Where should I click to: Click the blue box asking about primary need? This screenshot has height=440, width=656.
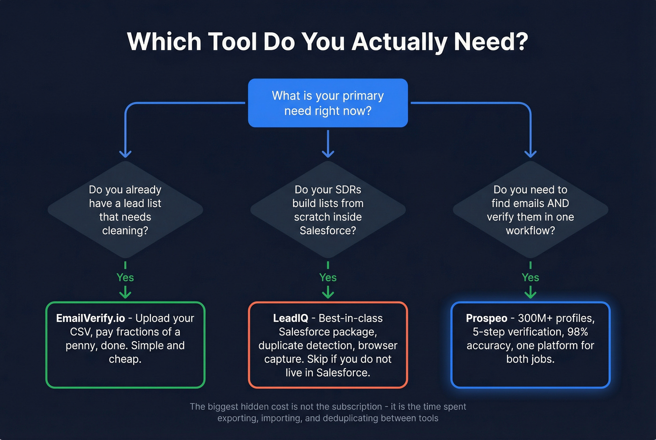coord(328,103)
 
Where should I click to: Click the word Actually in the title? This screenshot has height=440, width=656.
coord(398,42)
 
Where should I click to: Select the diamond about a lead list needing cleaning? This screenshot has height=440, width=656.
coord(125,209)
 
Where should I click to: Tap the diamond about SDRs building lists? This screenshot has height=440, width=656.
coord(328,209)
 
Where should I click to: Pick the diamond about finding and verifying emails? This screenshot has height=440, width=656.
coord(530,209)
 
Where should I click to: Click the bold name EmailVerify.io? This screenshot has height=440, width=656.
coord(90,318)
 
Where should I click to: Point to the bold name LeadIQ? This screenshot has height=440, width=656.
coord(291,318)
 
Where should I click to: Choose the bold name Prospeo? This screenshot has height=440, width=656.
coord(486,318)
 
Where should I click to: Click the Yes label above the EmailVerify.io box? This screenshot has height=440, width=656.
coord(125,277)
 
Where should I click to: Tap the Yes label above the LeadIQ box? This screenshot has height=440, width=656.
coord(328,277)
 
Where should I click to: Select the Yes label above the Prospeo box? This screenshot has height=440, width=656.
coord(530,277)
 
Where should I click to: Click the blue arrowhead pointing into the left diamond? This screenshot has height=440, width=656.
coord(125,154)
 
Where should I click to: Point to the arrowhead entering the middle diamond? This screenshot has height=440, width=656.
coord(328,154)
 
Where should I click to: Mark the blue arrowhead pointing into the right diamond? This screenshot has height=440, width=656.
coord(530,154)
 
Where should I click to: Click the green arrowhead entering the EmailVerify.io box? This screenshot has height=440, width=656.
coord(125,294)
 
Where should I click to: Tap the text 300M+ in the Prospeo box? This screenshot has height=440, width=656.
coord(535,318)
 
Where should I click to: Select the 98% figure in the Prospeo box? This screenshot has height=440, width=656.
coord(577,332)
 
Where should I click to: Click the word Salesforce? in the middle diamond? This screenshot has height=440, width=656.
coord(328,231)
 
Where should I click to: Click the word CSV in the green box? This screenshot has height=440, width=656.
coord(80,332)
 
